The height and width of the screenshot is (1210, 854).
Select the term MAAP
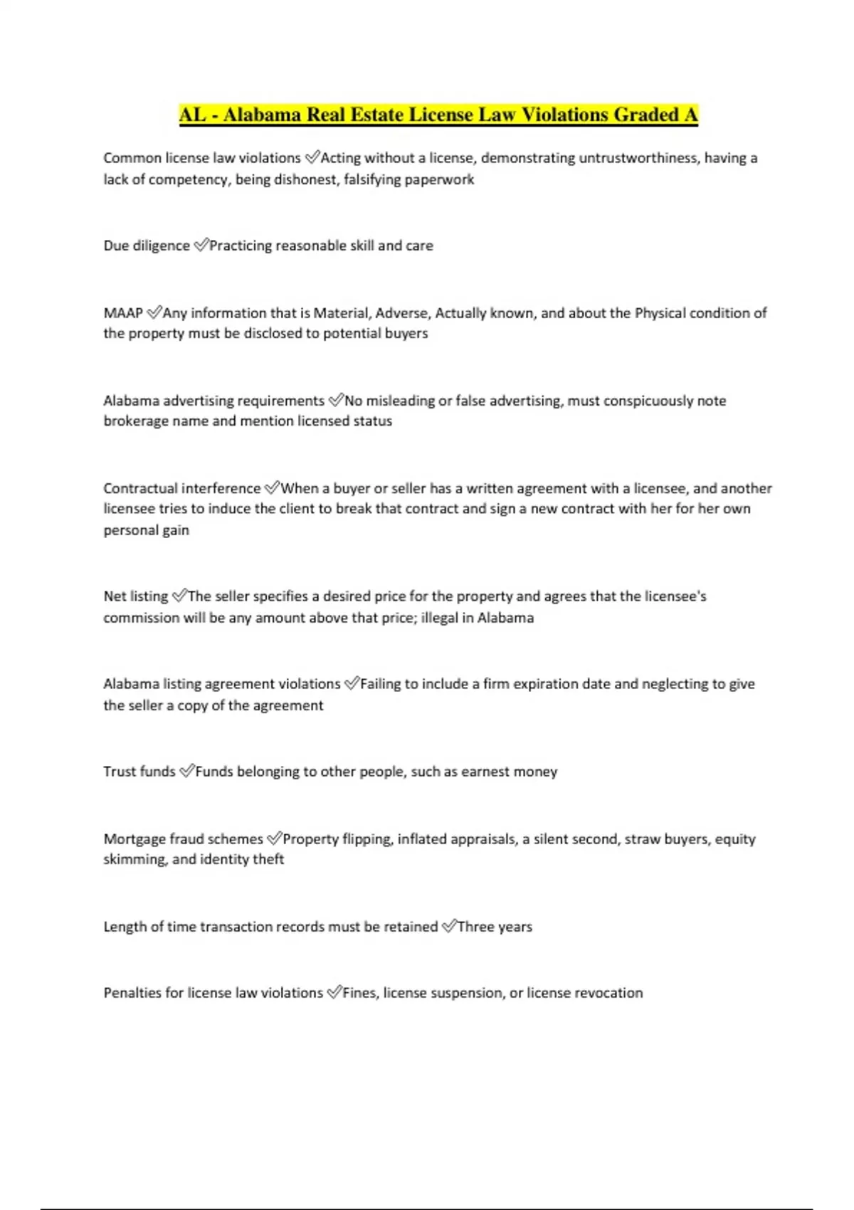click(x=123, y=313)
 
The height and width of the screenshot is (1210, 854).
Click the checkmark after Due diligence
click(x=201, y=246)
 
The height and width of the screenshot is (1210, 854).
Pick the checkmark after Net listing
click(x=179, y=596)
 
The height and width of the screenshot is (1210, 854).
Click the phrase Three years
click(x=495, y=927)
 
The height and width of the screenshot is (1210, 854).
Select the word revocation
click(x=608, y=993)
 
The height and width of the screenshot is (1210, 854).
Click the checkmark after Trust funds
click(x=186, y=771)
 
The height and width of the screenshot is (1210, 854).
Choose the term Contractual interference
click(x=181, y=488)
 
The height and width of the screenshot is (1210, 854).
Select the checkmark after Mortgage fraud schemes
click(x=274, y=838)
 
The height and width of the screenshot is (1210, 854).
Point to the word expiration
click(x=546, y=684)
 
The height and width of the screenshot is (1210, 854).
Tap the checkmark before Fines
click(x=334, y=992)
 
